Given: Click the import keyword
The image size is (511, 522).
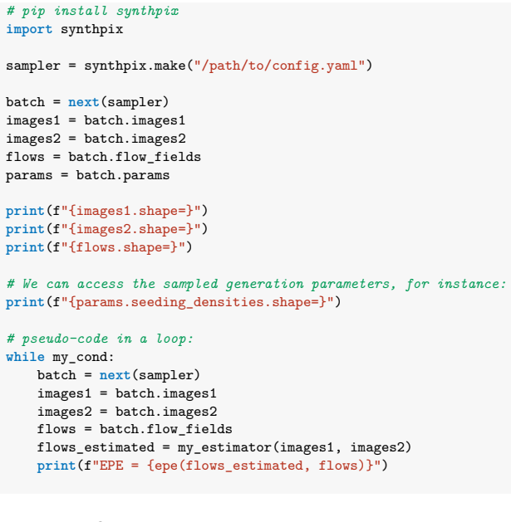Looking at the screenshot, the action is pos(29,30).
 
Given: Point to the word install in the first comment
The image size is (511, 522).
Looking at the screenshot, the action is pos(81,12).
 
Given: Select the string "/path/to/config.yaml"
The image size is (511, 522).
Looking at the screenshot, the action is pos(280,66).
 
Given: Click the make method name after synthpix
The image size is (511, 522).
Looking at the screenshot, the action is pos(170,66).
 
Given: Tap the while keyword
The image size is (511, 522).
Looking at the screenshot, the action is pos(25,357).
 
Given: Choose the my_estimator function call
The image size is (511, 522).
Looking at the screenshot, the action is pos(224,448).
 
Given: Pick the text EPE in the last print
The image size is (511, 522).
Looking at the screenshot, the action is pos(111,466).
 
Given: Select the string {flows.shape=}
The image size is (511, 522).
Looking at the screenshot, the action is pos(123,247).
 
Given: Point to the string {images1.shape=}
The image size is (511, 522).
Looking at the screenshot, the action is pos(131,212).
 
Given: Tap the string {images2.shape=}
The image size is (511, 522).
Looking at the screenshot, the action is pos(131,230).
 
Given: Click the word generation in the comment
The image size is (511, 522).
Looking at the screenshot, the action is pos(265,285).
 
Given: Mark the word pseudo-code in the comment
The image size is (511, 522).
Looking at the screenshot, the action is pos(65,339).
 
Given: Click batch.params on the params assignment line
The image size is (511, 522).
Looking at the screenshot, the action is pos(123,176).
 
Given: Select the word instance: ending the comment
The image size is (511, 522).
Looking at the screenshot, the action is pos(472,284).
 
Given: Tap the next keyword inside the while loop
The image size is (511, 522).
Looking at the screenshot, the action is pos(115,375).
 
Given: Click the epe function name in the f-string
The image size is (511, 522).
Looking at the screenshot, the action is pos(166,466).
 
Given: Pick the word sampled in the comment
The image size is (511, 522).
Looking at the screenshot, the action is pos(190,285).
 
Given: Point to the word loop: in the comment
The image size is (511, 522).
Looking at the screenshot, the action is pos(175,339).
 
